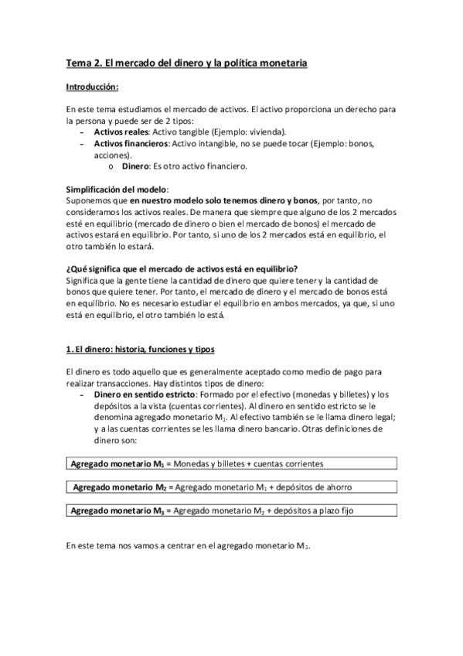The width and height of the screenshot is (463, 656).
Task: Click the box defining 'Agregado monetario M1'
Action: tap(231, 463)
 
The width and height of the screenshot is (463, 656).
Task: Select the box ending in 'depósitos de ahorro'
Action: tap(231, 487)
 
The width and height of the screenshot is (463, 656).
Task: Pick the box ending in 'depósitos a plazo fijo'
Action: tap(231, 511)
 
